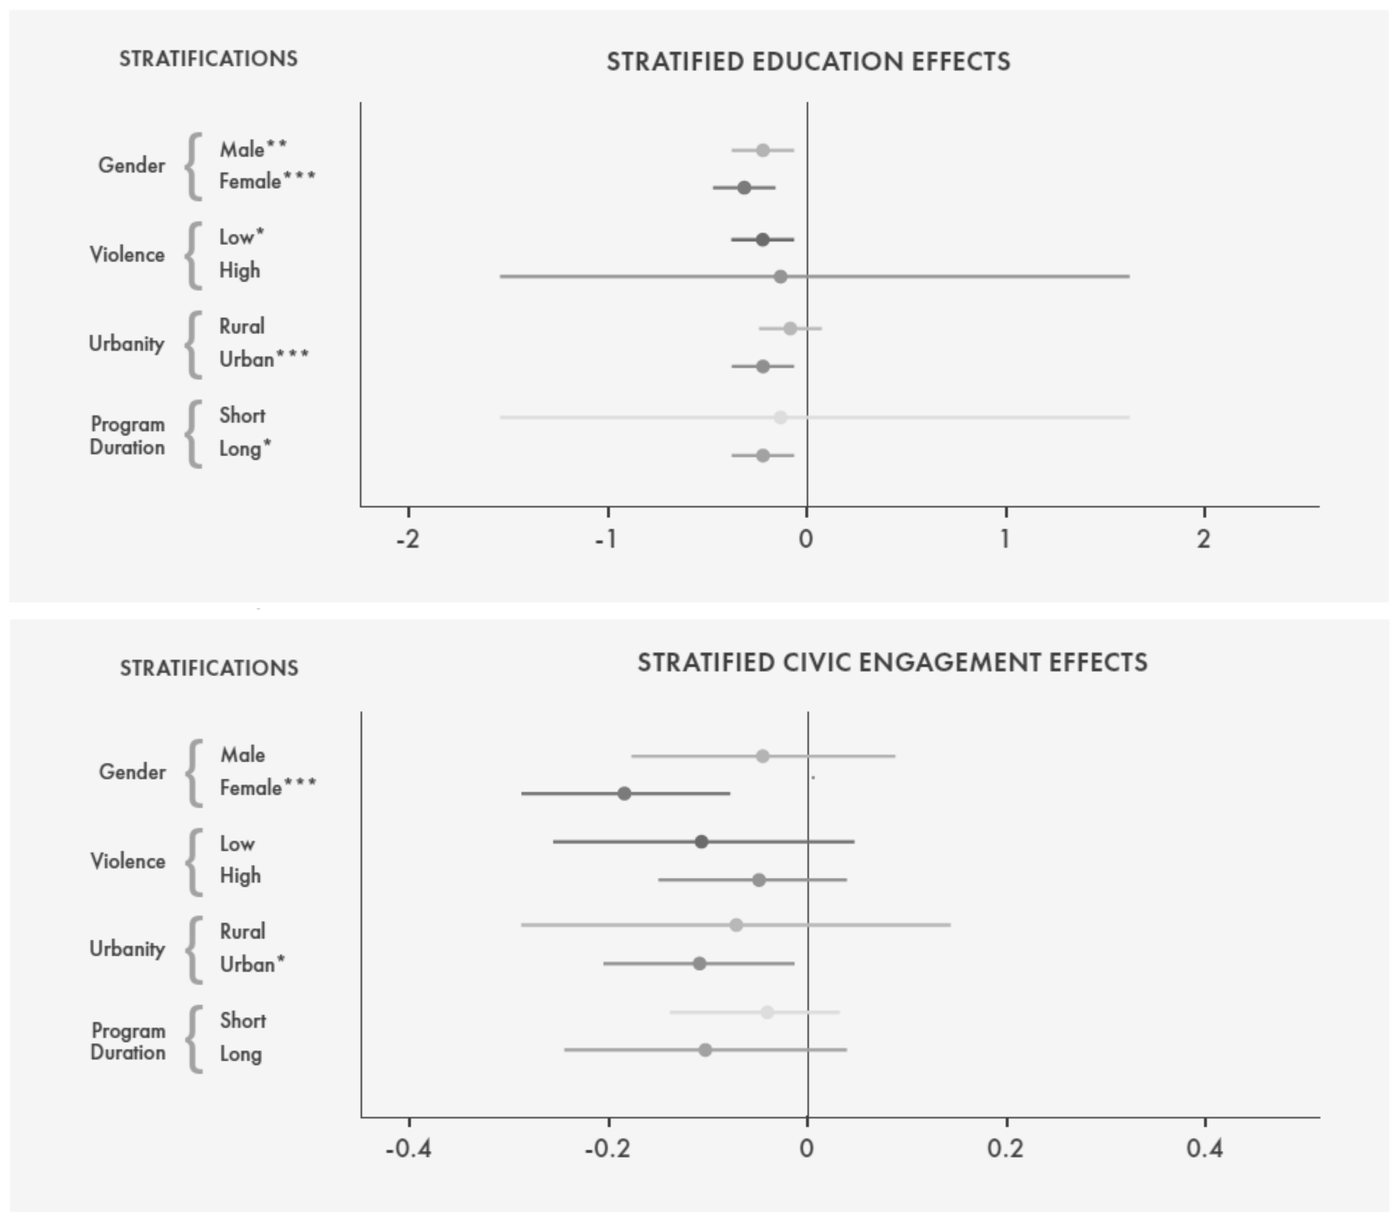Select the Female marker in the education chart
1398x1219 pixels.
(x=744, y=188)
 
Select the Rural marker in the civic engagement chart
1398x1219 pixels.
(x=736, y=925)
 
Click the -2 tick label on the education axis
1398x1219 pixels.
(x=408, y=539)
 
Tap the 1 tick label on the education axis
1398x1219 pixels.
(x=1005, y=539)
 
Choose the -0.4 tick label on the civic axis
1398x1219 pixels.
(x=408, y=1149)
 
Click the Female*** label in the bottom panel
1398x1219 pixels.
(x=268, y=788)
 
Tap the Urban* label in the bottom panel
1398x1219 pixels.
(x=252, y=965)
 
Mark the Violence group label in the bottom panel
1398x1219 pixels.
(x=128, y=861)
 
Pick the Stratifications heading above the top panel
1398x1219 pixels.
(x=208, y=59)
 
